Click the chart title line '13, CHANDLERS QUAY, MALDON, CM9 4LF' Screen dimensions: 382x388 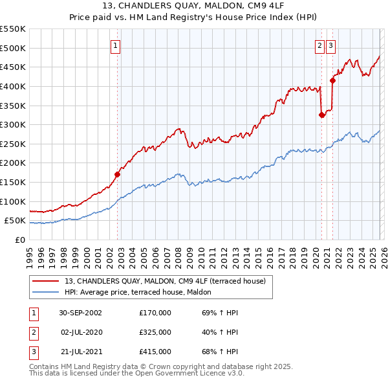[193, 7]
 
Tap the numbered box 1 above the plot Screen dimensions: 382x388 [115, 45]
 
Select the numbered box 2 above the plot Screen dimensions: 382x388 [320, 45]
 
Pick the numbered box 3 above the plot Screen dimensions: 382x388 [330, 45]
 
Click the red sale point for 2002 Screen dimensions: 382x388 [118, 174]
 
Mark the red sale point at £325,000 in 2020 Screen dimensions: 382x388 [321, 115]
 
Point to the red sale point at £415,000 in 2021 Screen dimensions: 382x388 [333, 80]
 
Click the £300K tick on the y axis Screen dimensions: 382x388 [13, 124]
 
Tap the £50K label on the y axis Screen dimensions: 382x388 [15, 221]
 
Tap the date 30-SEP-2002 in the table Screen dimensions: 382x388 [80, 313]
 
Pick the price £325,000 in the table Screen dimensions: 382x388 [155, 332]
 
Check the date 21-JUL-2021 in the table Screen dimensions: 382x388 [80, 352]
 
